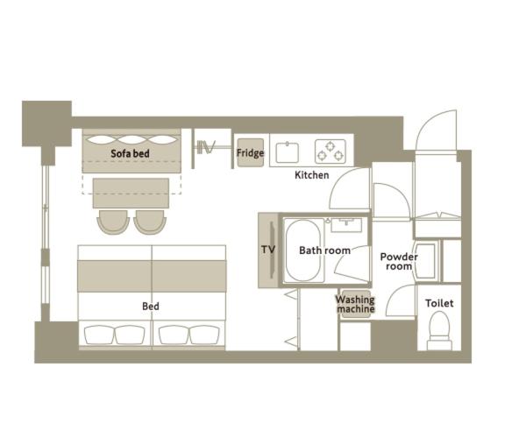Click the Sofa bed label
tap(130, 153)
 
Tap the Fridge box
tap(250, 152)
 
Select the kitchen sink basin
tap(288, 152)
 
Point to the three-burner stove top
tap(331, 152)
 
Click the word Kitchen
tap(311, 175)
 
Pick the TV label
tap(268, 250)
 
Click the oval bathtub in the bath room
tap(303, 250)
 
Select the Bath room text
tap(324, 250)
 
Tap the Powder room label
tap(399, 261)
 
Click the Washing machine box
tap(356, 304)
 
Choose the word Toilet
tap(439, 303)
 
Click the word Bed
tap(151, 306)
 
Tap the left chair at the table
tap(113, 222)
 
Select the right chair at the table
tap(150, 222)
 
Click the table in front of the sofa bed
tap(131, 193)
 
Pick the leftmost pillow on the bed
tap(99, 335)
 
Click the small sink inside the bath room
tap(346, 225)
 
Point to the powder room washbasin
tap(426, 261)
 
